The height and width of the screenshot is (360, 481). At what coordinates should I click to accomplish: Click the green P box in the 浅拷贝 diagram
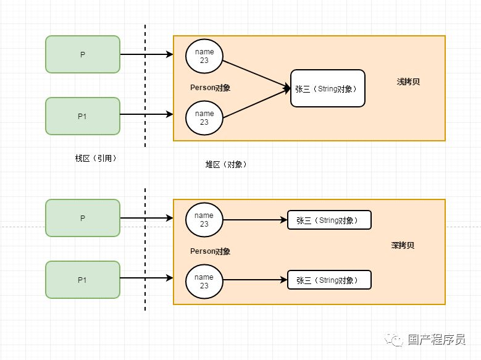click(x=82, y=54)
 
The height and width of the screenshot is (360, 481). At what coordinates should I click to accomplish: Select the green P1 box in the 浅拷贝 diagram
click(x=82, y=115)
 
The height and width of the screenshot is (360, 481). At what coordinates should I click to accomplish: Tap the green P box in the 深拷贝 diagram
click(x=82, y=218)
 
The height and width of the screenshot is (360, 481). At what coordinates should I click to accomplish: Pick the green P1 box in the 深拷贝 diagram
click(x=82, y=280)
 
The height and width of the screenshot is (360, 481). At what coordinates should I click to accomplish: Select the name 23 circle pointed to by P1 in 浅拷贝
click(x=204, y=118)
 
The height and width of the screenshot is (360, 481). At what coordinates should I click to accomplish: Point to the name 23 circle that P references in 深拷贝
click(x=204, y=220)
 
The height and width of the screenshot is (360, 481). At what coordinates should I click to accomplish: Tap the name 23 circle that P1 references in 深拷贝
click(x=204, y=282)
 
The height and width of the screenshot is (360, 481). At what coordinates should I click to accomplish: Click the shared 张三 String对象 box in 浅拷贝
click(x=327, y=89)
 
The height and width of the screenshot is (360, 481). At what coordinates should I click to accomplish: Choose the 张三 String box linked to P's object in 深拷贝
click(x=329, y=220)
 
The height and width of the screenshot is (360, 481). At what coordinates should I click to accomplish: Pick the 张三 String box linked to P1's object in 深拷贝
click(x=329, y=280)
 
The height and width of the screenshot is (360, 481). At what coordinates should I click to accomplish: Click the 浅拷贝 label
click(x=408, y=82)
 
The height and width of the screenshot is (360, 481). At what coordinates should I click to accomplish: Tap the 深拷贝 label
click(x=403, y=245)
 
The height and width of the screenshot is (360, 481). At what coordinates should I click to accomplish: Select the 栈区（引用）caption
click(x=96, y=158)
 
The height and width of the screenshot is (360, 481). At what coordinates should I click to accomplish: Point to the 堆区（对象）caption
click(x=226, y=164)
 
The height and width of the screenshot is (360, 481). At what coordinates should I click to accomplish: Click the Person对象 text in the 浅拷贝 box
click(x=210, y=88)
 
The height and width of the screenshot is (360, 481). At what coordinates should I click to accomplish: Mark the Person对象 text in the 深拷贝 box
click(x=210, y=251)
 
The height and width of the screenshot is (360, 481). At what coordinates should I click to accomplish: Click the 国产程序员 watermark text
click(x=436, y=340)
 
